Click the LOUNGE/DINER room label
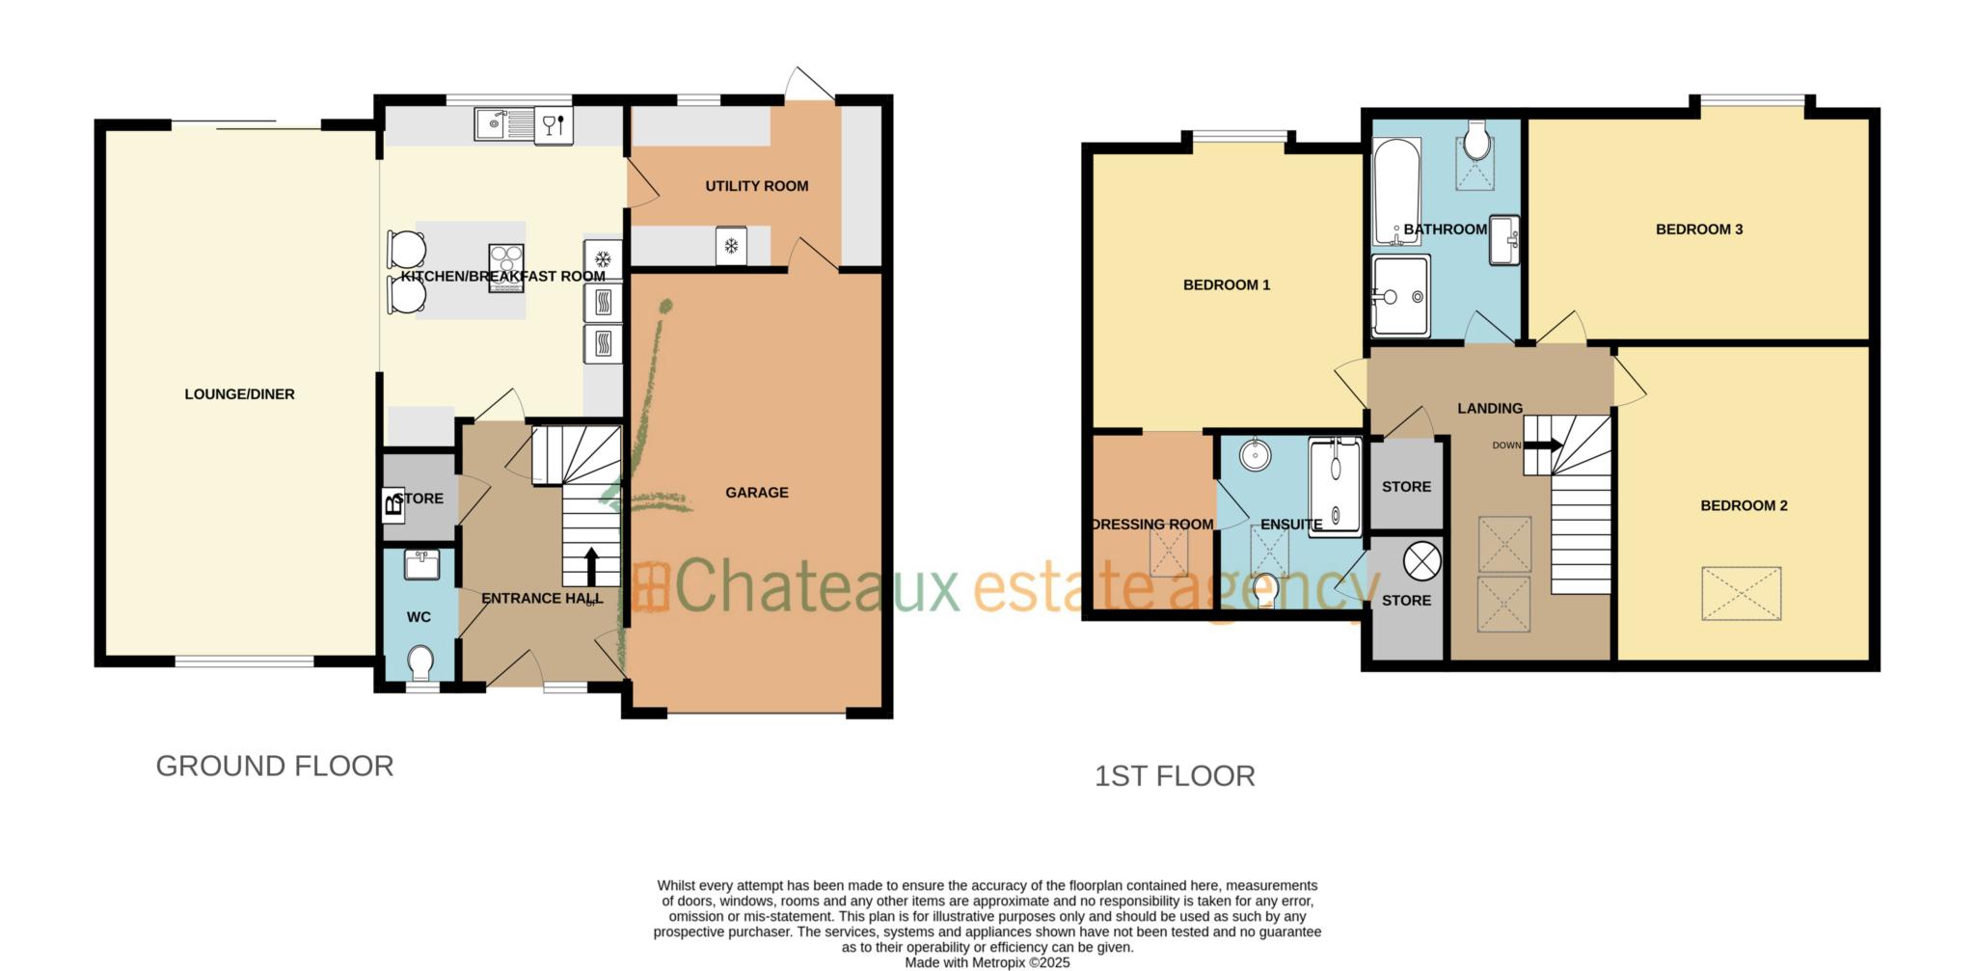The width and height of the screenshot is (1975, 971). pos(239,394)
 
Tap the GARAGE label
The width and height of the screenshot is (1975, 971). pos(757,493)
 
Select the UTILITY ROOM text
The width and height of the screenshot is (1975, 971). pos(757,186)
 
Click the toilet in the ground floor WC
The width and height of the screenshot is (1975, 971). pos(419,662)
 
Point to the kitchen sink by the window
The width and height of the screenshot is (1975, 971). pos(494,123)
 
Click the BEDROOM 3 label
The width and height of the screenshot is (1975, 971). pos(1698,229)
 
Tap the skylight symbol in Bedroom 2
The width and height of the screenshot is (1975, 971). pos(1741,593)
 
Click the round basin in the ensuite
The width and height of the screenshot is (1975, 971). pos(1255,454)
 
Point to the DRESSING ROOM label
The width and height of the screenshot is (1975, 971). pos(1152,525)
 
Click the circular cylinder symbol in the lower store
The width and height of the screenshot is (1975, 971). pos(1421,561)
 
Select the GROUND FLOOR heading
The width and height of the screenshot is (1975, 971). pos(275,767)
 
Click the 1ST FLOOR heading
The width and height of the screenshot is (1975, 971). pos(1175,776)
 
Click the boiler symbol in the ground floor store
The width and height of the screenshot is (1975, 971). pos(392,503)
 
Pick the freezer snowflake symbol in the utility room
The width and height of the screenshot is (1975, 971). pos(731,246)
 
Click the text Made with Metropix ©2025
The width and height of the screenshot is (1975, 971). pos(987,962)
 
